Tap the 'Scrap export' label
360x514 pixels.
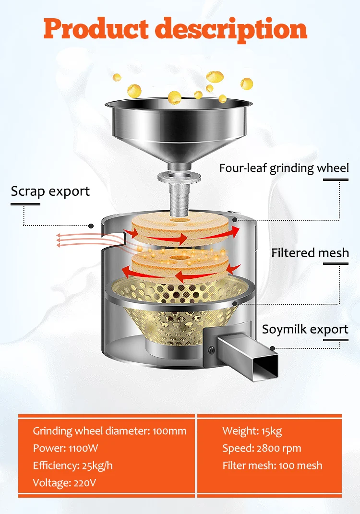(x=50, y=191)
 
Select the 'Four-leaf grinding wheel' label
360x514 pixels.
(x=284, y=168)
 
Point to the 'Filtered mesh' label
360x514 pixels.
(x=310, y=252)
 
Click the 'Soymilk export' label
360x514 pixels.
(x=305, y=329)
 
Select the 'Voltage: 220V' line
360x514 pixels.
(x=64, y=482)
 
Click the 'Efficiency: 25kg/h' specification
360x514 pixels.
(x=73, y=465)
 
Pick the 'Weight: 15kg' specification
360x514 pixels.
(x=252, y=430)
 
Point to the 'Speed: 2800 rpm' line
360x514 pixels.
(x=262, y=448)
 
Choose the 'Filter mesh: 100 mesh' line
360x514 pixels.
(x=272, y=465)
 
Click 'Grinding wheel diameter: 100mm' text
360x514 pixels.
(x=109, y=430)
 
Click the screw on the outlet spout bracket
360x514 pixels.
(x=210, y=350)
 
